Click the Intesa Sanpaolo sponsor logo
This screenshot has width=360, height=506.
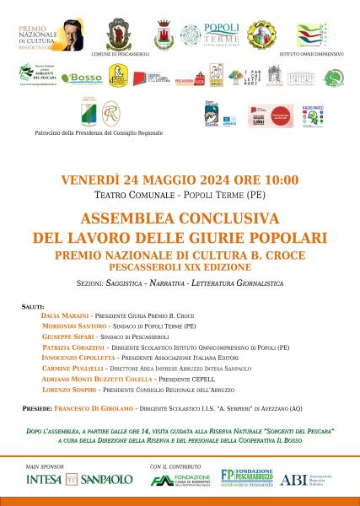click(79, 479)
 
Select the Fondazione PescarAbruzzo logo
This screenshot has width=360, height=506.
click(250, 477)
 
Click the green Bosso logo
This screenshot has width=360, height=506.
click(83, 78)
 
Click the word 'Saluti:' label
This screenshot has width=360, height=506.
click(34, 303)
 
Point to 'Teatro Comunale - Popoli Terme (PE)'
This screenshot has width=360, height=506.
click(180, 194)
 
